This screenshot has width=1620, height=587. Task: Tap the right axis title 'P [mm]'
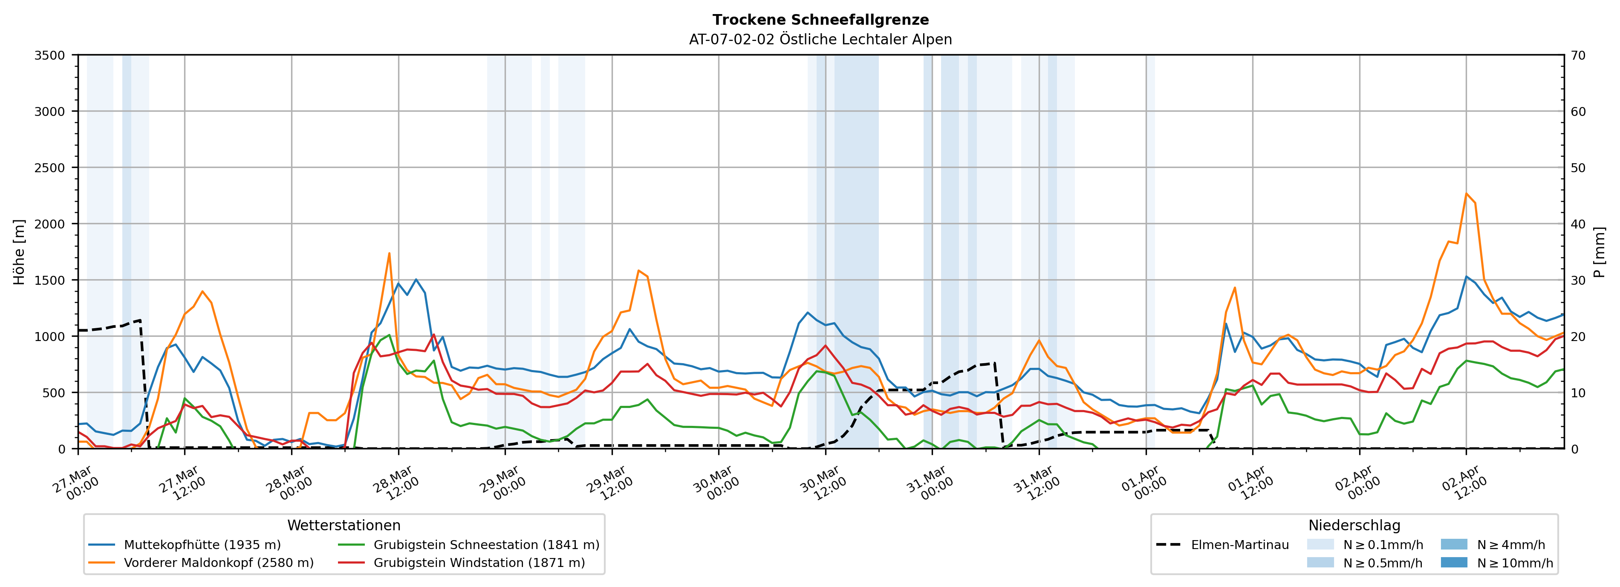coord(1599,252)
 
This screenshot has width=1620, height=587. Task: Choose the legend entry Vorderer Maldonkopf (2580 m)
coord(218,562)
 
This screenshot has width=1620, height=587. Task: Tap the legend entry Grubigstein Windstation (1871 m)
coord(479,562)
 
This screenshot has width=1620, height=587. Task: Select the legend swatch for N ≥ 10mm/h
coord(1453,562)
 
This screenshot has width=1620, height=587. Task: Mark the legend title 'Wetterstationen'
coord(344,525)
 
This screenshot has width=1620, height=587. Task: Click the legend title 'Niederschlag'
coord(1354,525)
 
